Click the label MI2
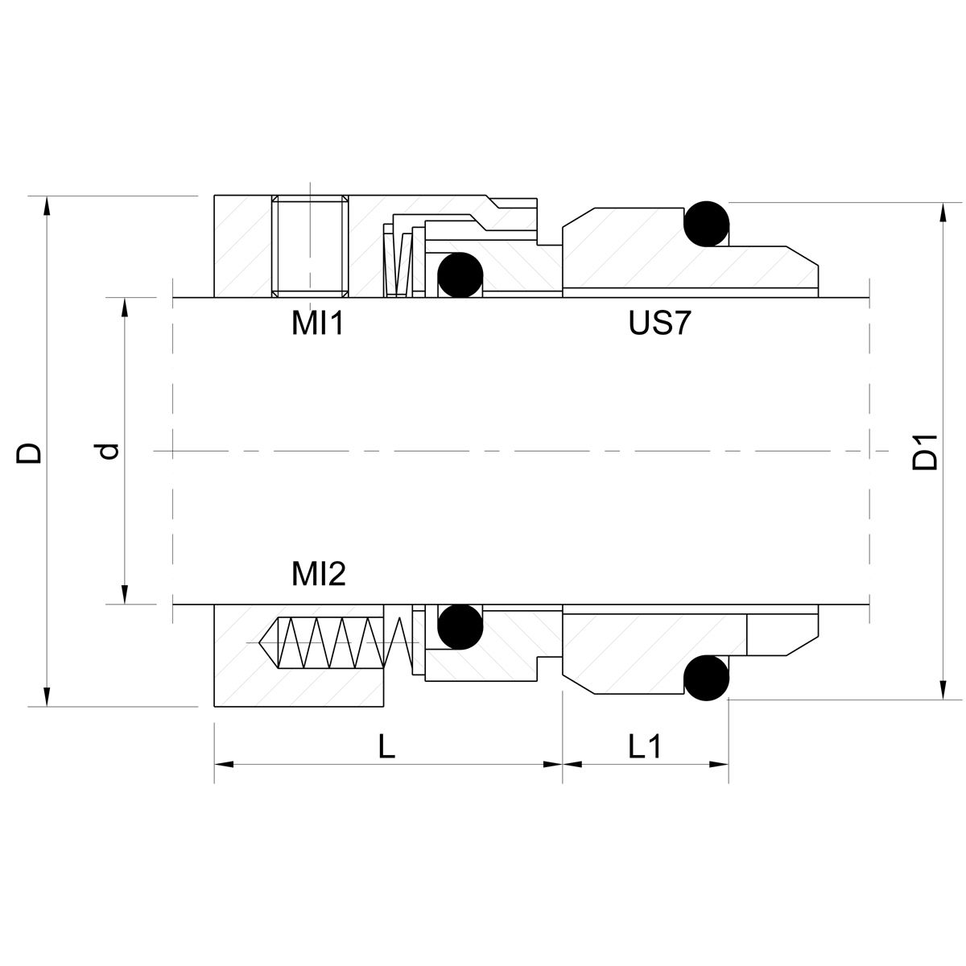tap(318, 574)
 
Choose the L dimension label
tap(387, 747)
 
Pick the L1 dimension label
tap(645, 747)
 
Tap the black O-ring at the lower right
tap(707, 678)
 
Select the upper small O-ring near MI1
tap(460, 275)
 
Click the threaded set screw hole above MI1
tap(310, 246)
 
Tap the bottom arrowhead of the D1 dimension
tap(939, 691)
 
